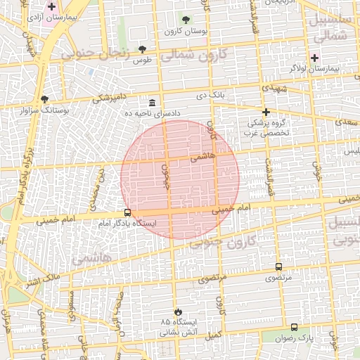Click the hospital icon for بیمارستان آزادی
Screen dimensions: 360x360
[x=51, y=6]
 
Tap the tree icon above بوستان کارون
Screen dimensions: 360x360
[x=186, y=20]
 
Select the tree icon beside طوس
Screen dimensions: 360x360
[x=143, y=49]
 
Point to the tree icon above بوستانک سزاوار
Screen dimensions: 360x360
[x=46, y=99]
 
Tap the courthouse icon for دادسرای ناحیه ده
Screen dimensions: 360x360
[x=153, y=103]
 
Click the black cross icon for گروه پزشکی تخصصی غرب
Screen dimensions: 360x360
[x=266, y=112]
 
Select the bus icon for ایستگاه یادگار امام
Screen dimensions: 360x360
[x=127, y=212]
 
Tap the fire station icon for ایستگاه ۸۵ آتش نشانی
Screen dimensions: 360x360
[x=177, y=312]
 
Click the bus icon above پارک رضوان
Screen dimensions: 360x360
[x=294, y=327]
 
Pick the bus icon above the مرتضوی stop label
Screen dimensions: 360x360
[x=279, y=267]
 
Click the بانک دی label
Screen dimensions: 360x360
[x=210, y=94]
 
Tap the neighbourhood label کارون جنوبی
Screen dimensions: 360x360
[x=225, y=244]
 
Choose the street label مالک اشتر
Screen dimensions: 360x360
[x=43, y=281]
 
